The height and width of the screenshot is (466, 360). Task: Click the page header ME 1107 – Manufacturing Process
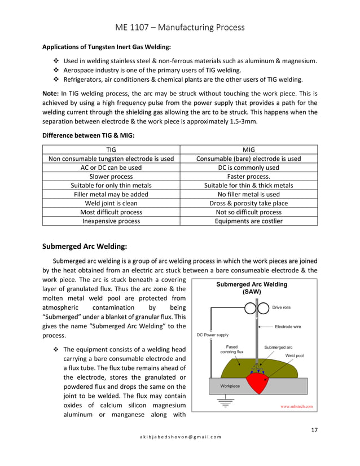pyautogui.click(x=180, y=27)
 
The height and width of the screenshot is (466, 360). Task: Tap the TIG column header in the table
pyautogui.click(x=111, y=150)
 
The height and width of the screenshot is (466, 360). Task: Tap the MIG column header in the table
pyautogui.click(x=248, y=150)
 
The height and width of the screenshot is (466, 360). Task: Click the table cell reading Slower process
pyautogui.click(x=111, y=176)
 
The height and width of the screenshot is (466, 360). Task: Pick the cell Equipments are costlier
pyautogui.click(x=248, y=221)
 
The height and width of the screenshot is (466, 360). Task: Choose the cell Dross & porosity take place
pyautogui.click(x=248, y=203)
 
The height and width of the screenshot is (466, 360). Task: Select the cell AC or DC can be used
pyautogui.click(x=111, y=168)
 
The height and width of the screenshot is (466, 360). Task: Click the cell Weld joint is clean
pyautogui.click(x=111, y=203)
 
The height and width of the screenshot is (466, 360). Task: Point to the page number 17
pyautogui.click(x=314, y=430)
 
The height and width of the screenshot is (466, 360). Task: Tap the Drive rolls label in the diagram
pyautogui.click(x=282, y=307)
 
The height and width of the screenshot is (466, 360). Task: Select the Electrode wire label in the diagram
pyautogui.click(x=288, y=326)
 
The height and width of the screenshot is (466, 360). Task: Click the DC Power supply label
pyautogui.click(x=213, y=335)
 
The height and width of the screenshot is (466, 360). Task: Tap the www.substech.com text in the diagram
pyautogui.click(x=296, y=406)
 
